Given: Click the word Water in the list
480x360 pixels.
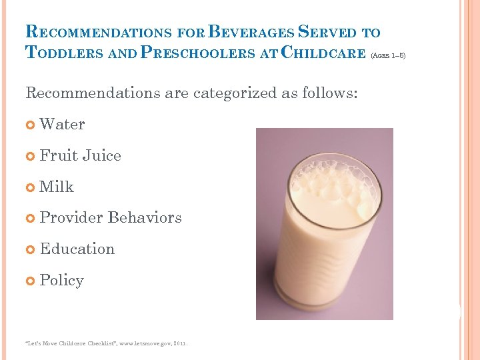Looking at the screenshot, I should (62, 125).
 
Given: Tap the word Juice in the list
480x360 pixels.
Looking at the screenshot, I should (101, 156).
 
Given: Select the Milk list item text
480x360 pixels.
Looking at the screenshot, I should (57, 187).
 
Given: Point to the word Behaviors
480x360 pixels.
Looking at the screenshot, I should (144, 218).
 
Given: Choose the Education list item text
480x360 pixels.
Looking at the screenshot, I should (77, 249).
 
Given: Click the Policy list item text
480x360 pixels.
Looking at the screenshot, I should (62, 280).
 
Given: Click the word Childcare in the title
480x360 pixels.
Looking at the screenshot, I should (323, 53).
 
